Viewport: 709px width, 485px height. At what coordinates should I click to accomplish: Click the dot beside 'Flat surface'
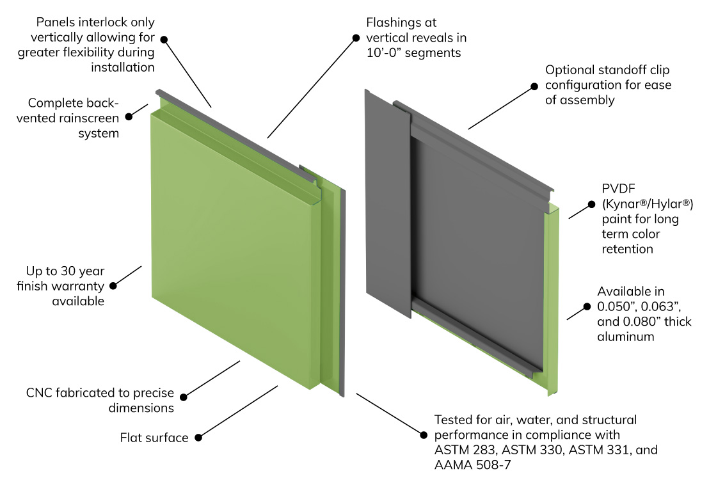[198, 438]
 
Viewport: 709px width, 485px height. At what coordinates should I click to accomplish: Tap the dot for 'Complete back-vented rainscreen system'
[129, 116]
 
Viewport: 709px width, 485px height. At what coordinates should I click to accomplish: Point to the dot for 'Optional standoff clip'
[534, 85]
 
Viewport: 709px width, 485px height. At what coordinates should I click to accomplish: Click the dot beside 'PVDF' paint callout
[592, 205]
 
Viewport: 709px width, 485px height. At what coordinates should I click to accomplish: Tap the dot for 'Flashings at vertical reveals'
[356, 38]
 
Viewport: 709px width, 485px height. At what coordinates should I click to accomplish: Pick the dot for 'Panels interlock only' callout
[164, 39]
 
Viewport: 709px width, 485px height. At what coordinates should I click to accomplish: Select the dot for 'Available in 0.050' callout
[587, 306]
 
